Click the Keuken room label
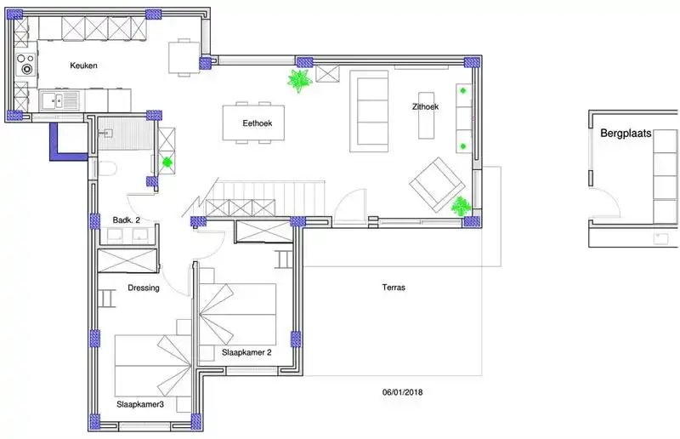83,66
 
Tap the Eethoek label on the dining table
258,123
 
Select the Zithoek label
425,106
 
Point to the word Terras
394,287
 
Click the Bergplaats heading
626,134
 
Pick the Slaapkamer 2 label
246,352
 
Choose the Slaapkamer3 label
140,404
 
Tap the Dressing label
144,288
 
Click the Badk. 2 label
126,220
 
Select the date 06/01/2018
402,392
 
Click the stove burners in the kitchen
26,64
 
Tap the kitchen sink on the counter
59,100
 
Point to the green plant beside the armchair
461,206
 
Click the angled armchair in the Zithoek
435,184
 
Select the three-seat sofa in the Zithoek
369,111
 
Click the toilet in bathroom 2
107,168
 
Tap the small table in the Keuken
184,57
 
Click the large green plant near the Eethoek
299,80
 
